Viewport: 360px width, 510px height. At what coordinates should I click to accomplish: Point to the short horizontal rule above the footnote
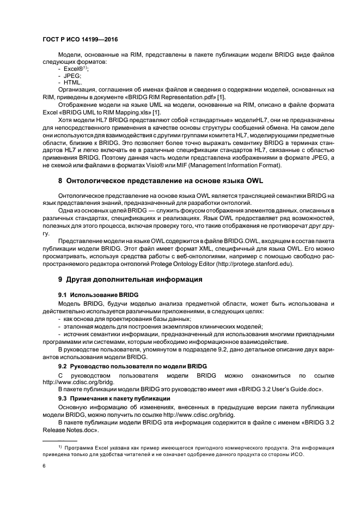tap(60, 440)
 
